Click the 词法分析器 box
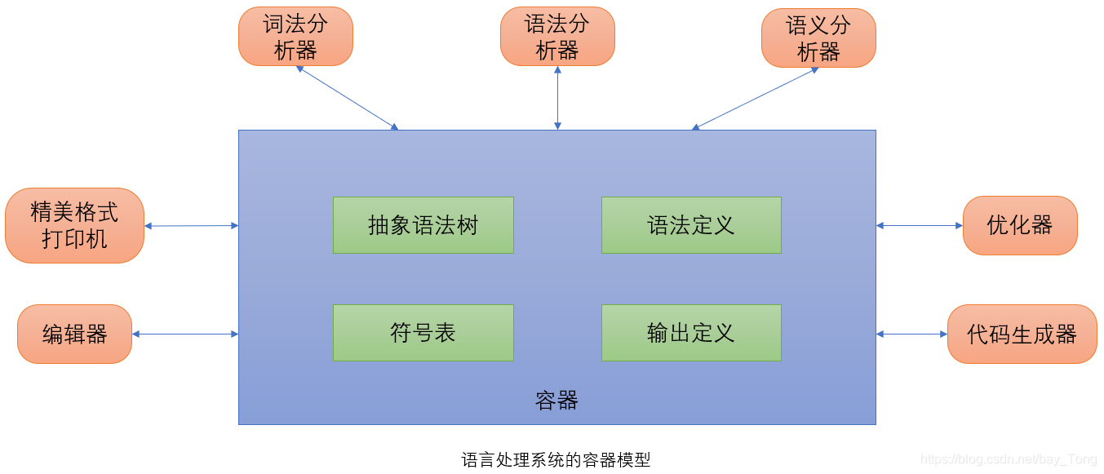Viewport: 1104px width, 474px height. tap(295, 37)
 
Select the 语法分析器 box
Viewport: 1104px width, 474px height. tap(557, 37)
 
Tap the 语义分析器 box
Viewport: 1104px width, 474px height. tap(818, 38)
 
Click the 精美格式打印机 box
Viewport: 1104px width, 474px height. tap(74, 226)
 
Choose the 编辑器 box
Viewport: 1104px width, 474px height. tap(74, 334)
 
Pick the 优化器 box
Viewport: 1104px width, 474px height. tap(1020, 225)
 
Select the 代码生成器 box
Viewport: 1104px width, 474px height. tap(1022, 334)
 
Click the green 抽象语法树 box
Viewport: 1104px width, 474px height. tap(423, 225)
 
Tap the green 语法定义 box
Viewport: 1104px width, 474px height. tap(691, 225)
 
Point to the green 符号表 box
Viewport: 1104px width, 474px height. tap(423, 333)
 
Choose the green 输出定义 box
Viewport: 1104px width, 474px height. tap(691, 333)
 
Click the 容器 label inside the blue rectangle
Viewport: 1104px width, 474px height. tap(556, 401)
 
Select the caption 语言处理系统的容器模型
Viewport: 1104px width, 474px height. tap(556, 459)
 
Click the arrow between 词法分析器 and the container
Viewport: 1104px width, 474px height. tap(347, 98)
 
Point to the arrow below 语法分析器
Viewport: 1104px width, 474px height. tap(557, 98)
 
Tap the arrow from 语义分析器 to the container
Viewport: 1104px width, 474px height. tap(755, 98)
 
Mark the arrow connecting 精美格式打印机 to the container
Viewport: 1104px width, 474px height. tap(191, 226)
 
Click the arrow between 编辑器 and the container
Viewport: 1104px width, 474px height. tap(185, 334)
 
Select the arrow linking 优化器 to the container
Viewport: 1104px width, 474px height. tap(920, 225)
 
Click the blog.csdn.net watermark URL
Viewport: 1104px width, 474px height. tap(1009, 460)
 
